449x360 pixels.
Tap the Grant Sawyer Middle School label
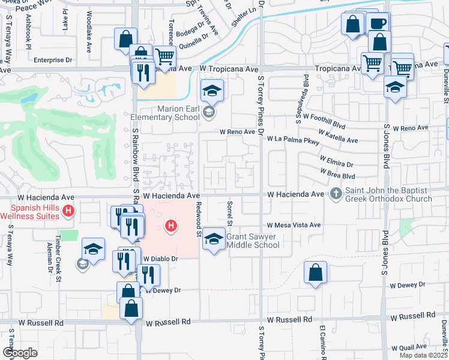[253, 241]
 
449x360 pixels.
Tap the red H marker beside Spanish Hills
[68, 211]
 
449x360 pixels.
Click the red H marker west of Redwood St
[172, 226]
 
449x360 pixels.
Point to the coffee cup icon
[378, 23]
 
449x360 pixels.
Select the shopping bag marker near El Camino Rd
[315, 273]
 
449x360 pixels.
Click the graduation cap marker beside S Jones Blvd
[395, 88]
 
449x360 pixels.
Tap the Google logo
[20, 353]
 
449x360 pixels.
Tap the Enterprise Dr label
[53, 60]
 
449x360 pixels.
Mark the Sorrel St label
[229, 213]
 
